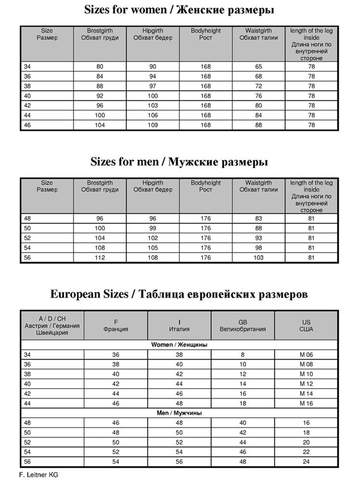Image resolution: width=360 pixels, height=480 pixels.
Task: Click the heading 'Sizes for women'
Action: tap(180, 10)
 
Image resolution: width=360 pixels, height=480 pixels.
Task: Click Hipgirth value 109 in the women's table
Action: tap(153, 125)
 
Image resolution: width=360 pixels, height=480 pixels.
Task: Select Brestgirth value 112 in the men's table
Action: tap(100, 258)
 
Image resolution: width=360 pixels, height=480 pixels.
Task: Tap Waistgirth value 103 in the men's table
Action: tap(258, 258)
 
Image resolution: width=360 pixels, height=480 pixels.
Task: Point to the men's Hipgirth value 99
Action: tap(153, 228)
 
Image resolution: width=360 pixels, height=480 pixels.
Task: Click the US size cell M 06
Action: tap(306, 354)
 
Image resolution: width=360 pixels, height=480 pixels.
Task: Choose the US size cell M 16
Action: tap(306, 404)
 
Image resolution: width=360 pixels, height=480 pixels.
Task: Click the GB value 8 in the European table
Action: tap(242, 354)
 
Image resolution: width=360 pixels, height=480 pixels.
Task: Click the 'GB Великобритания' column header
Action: tap(242, 325)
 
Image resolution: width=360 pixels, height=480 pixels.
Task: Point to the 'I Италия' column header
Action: tap(179, 325)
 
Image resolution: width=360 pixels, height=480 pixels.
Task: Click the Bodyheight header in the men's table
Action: tap(205, 186)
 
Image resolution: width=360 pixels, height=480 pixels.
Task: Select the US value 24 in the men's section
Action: tap(306, 462)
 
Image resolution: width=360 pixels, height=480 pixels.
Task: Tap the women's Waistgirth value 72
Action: tap(258, 86)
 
